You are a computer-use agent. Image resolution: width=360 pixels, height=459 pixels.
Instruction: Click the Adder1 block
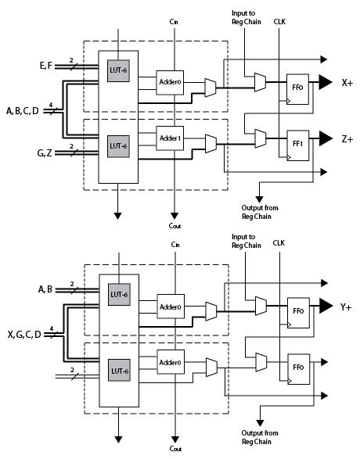pyautogui.click(x=170, y=138)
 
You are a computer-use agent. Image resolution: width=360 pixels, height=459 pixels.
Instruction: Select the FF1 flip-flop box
pyautogui.click(x=298, y=145)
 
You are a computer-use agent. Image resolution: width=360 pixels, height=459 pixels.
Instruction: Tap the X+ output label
pyautogui.click(x=347, y=83)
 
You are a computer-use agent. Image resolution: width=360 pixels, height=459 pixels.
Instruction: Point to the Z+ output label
pyautogui.click(x=347, y=139)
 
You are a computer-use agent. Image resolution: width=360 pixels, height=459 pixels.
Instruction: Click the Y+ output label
pyautogui.click(x=346, y=307)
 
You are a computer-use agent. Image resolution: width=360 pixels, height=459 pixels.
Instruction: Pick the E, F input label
pyautogui.click(x=45, y=66)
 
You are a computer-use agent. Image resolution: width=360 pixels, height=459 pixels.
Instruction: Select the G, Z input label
pyautogui.click(x=45, y=152)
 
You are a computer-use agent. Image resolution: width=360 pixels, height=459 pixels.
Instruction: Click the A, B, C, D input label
pyautogui.click(x=23, y=111)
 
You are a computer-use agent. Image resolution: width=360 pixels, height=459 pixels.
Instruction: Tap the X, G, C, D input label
pyautogui.click(x=24, y=335)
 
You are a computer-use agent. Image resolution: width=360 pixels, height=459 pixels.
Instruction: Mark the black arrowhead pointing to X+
pyautogui.click(x=325, y=82)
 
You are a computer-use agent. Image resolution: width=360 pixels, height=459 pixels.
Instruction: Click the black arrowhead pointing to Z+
pyautogui.click(x=325, y=138)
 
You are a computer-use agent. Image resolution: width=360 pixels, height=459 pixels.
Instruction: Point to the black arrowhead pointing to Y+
pyautogui.click(x=326, y=306)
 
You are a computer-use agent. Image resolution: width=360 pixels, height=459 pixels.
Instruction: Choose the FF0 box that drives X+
pyautogui.click(x=297, y=89)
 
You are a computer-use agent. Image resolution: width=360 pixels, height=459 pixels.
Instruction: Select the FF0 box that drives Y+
pyautogui.click(x=298, y=313)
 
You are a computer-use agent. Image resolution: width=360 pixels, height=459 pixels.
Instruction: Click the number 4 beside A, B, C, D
pyautogui.click(x=51, y=105)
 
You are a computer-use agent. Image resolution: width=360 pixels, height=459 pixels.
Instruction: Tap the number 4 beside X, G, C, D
pyautogui.click(x=52, y=328)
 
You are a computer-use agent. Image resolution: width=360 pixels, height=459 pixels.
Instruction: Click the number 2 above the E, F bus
pyautogui.click(x=71, y=60)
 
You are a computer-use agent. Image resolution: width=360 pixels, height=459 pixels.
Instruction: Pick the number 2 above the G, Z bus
pyautogui.click(x=71, y=146)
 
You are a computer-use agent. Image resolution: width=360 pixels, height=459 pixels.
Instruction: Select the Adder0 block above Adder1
pyautogui.click(x=170, y=83)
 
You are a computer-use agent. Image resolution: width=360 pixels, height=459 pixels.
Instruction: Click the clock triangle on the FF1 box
pyautogui.click(x=289, y=157)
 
